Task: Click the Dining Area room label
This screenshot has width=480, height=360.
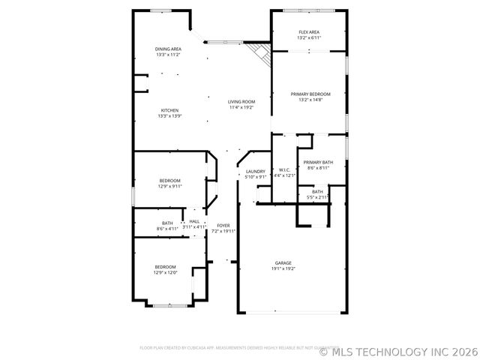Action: [x=168, y=49]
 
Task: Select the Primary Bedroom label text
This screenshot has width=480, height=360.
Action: [x=310, y=94]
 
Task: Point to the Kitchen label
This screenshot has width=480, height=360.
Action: [x=169, y=110]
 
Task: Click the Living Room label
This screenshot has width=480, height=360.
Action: [x=241, y=102]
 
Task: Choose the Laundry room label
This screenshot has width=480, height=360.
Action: [x=255, y=172]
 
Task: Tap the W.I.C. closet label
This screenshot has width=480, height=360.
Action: [x=284, y=170]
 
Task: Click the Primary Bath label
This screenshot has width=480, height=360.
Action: [x=318, y=162]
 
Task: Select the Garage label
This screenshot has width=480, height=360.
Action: [x=283, y=262]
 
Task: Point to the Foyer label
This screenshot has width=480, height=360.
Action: [x=223, y=225]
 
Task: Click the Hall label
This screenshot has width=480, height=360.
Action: [x=194, y=221]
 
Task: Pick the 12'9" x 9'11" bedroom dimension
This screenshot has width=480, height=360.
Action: [x=169, y=186]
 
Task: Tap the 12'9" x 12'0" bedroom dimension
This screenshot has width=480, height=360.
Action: [x=166, y=272]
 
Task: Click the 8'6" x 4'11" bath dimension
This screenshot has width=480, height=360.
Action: [x=166, y=227]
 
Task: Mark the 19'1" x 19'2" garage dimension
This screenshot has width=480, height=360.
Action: [x=283, y=268]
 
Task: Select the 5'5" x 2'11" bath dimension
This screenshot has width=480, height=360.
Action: [x=318, y=197]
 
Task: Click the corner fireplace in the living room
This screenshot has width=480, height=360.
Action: [x=260, y=52]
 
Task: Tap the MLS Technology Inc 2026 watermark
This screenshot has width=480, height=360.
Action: [x=398, y=350]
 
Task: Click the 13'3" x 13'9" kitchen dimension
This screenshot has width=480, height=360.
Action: [x=169, y=116]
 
